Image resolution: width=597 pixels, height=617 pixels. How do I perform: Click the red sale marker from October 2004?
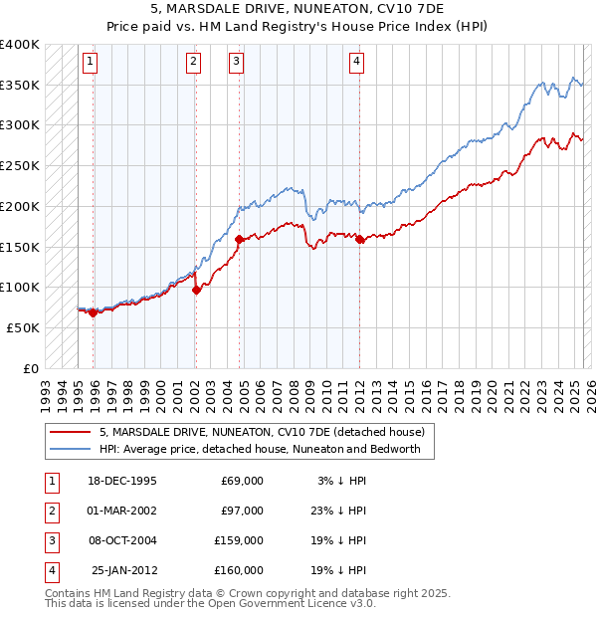point(240,239)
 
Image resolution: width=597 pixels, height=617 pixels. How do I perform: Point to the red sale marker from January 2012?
point(359,239)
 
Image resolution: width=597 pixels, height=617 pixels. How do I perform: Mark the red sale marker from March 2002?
point(196,290)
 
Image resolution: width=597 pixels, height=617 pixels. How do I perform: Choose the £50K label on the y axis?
point(24,327)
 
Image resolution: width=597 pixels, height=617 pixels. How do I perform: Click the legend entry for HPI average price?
point(260,449)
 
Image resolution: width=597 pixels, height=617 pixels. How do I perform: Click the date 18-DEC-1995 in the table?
point(121,481)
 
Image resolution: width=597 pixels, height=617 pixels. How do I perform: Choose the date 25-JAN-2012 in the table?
point(123,570)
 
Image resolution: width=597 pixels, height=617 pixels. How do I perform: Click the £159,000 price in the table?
point(238,540)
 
